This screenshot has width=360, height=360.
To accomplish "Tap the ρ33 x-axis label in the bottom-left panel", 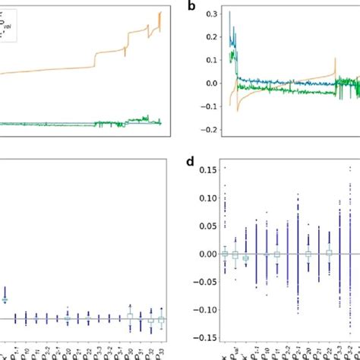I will pyautogui.click(x=161, y=352).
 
